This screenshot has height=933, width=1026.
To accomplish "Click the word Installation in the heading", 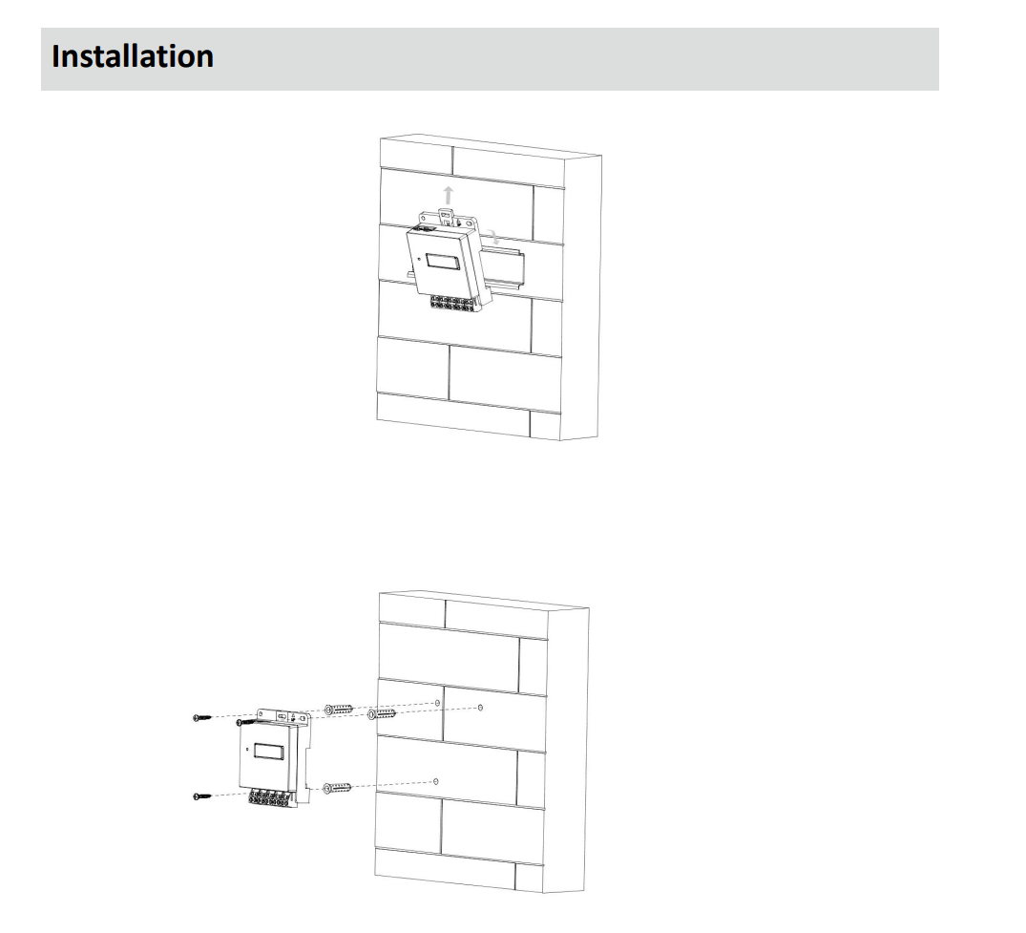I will pyautogui.click(x=133, y=56).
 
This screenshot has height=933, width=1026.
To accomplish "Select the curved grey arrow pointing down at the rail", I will pyautogui.click(x=492, y=237).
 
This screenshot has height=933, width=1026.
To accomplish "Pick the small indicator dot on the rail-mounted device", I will pyautogui.click(x=418, y=259).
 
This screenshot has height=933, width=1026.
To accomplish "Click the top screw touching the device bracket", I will pyautogui.click(x=248, y=723).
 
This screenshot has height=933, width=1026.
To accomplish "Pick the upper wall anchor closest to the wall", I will pyautogui.click(x=381, y=713).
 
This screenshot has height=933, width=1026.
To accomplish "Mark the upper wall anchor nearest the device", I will pyautogui.click(x=340, y=710).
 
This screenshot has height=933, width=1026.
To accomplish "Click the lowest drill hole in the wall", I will pyautogui.click(x=435, y=781).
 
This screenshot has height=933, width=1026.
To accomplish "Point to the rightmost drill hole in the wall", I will pyautogui.click(x=479, y=708).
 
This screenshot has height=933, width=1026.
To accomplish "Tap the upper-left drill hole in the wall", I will pyautogui.click(x=437, y=703).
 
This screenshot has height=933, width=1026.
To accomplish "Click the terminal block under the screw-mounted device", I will pyautogui.click(x=275, y=795).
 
